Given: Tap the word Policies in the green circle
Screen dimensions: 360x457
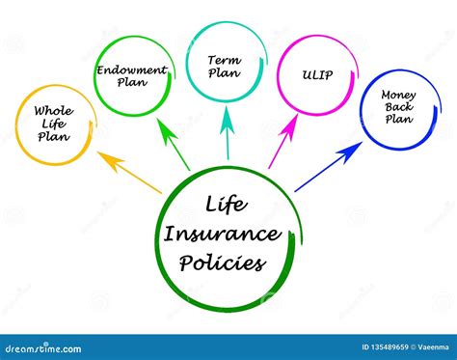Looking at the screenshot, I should (x=227, y=261).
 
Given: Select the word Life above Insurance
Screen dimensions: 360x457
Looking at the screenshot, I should (x=225, y=205).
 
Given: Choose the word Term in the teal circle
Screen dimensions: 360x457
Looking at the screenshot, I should (x=225, y=60).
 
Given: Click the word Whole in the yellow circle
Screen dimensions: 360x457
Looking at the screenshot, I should (x=54, y=111).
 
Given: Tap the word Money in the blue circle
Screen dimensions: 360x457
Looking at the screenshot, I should (x=398, y=95).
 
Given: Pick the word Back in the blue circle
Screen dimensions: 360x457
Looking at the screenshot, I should (x=397, y=107).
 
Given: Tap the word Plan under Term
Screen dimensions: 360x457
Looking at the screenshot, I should (x=225, y=73).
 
